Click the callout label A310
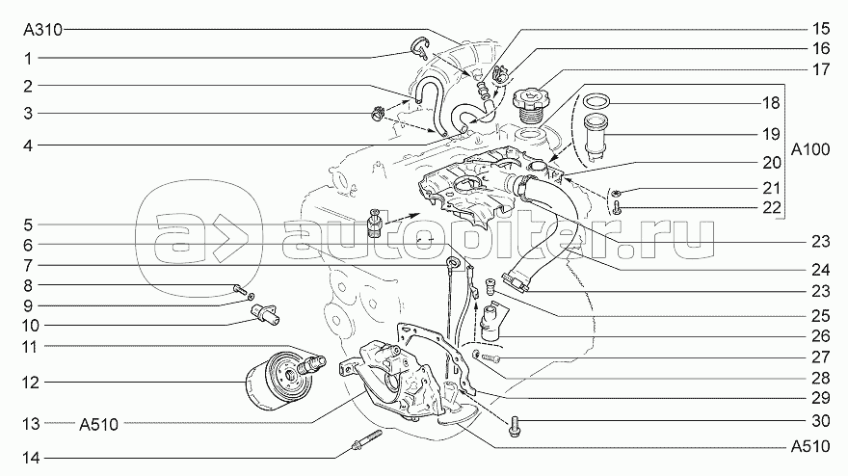coord(42,30)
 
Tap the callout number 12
coord(31,383)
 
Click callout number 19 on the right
coord(771,133)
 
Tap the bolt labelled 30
coord(514,426)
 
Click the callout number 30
coord(820,420)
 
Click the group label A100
coord(810,149)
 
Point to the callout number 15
coord(820,28)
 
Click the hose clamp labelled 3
coord(377,114)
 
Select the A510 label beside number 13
coord(99,425)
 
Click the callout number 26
coord(820,336)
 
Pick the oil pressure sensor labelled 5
coord(374,223)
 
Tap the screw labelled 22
coord(617,206)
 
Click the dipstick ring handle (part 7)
coord(453,263)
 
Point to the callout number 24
coord(820,270)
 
